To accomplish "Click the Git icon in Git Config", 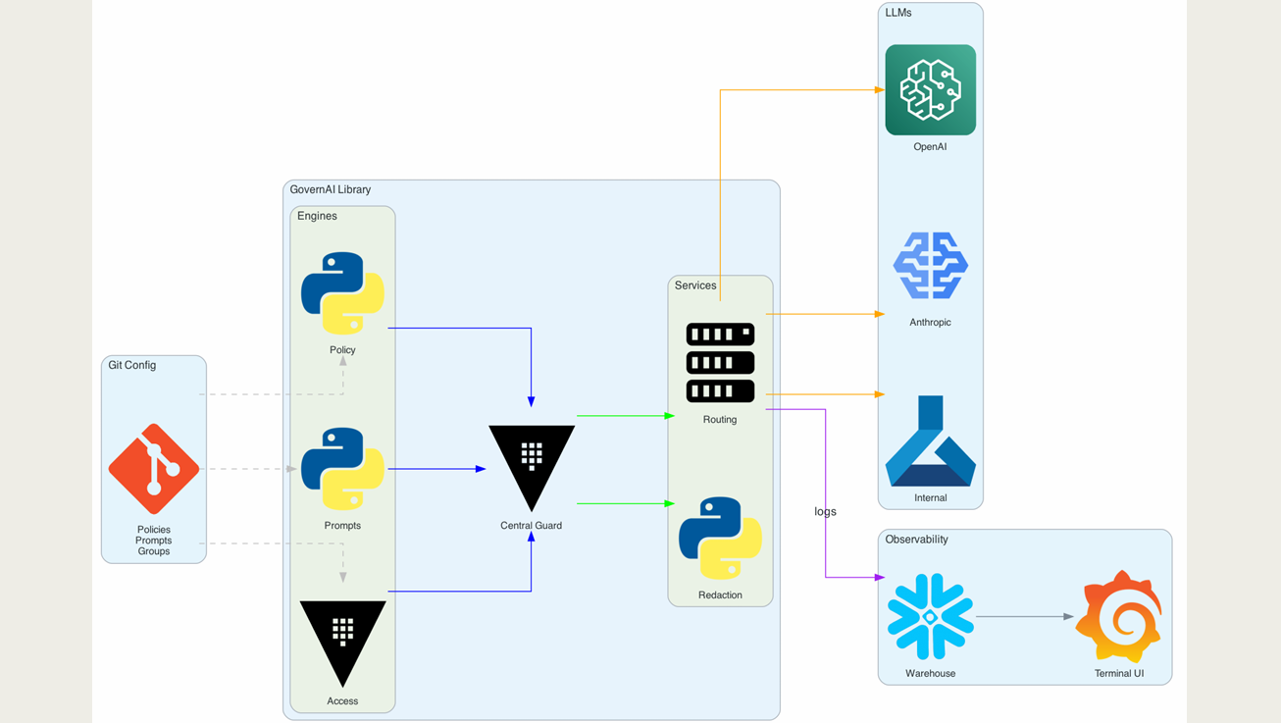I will tap(154, 469).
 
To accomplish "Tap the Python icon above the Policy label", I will tap(342, 293).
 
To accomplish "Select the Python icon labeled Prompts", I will tap(342, 469).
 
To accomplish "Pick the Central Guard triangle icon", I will tap(532, 463).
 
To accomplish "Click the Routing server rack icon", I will tap(720, 363).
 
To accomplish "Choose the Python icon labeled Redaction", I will tap(720, 539).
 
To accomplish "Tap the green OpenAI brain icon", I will tap(930, 89).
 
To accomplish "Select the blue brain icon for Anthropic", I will tap(930, 266).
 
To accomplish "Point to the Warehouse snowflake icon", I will tap(930, 617).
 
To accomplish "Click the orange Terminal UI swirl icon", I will tap(1119, 617).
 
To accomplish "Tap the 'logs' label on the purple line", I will tap(825, 512).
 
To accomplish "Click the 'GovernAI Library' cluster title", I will tap(331, 190).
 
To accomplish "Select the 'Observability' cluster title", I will tap(916, 540).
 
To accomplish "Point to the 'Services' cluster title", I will tap(695, 285).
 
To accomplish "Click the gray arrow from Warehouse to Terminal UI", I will tap(1025, 617).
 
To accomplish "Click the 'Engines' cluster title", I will tap(317, 216).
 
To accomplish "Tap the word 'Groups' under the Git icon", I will tap(154, 551).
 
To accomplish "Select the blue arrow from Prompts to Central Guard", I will tap(436, 469).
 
